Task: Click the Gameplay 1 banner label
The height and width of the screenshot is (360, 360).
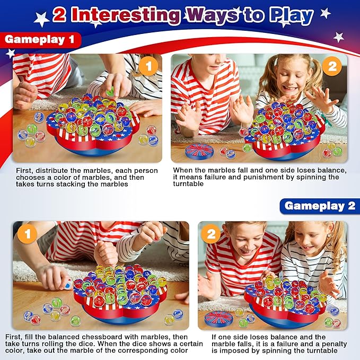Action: (x=40, y=40)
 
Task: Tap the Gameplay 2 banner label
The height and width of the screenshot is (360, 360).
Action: (x=320, y=206)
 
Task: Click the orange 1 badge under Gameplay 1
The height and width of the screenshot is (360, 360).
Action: (x=149, y=66)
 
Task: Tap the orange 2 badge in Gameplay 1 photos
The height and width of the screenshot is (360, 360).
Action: (x=332, y=66)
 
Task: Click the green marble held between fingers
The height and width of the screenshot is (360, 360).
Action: (x=110, y=92)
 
